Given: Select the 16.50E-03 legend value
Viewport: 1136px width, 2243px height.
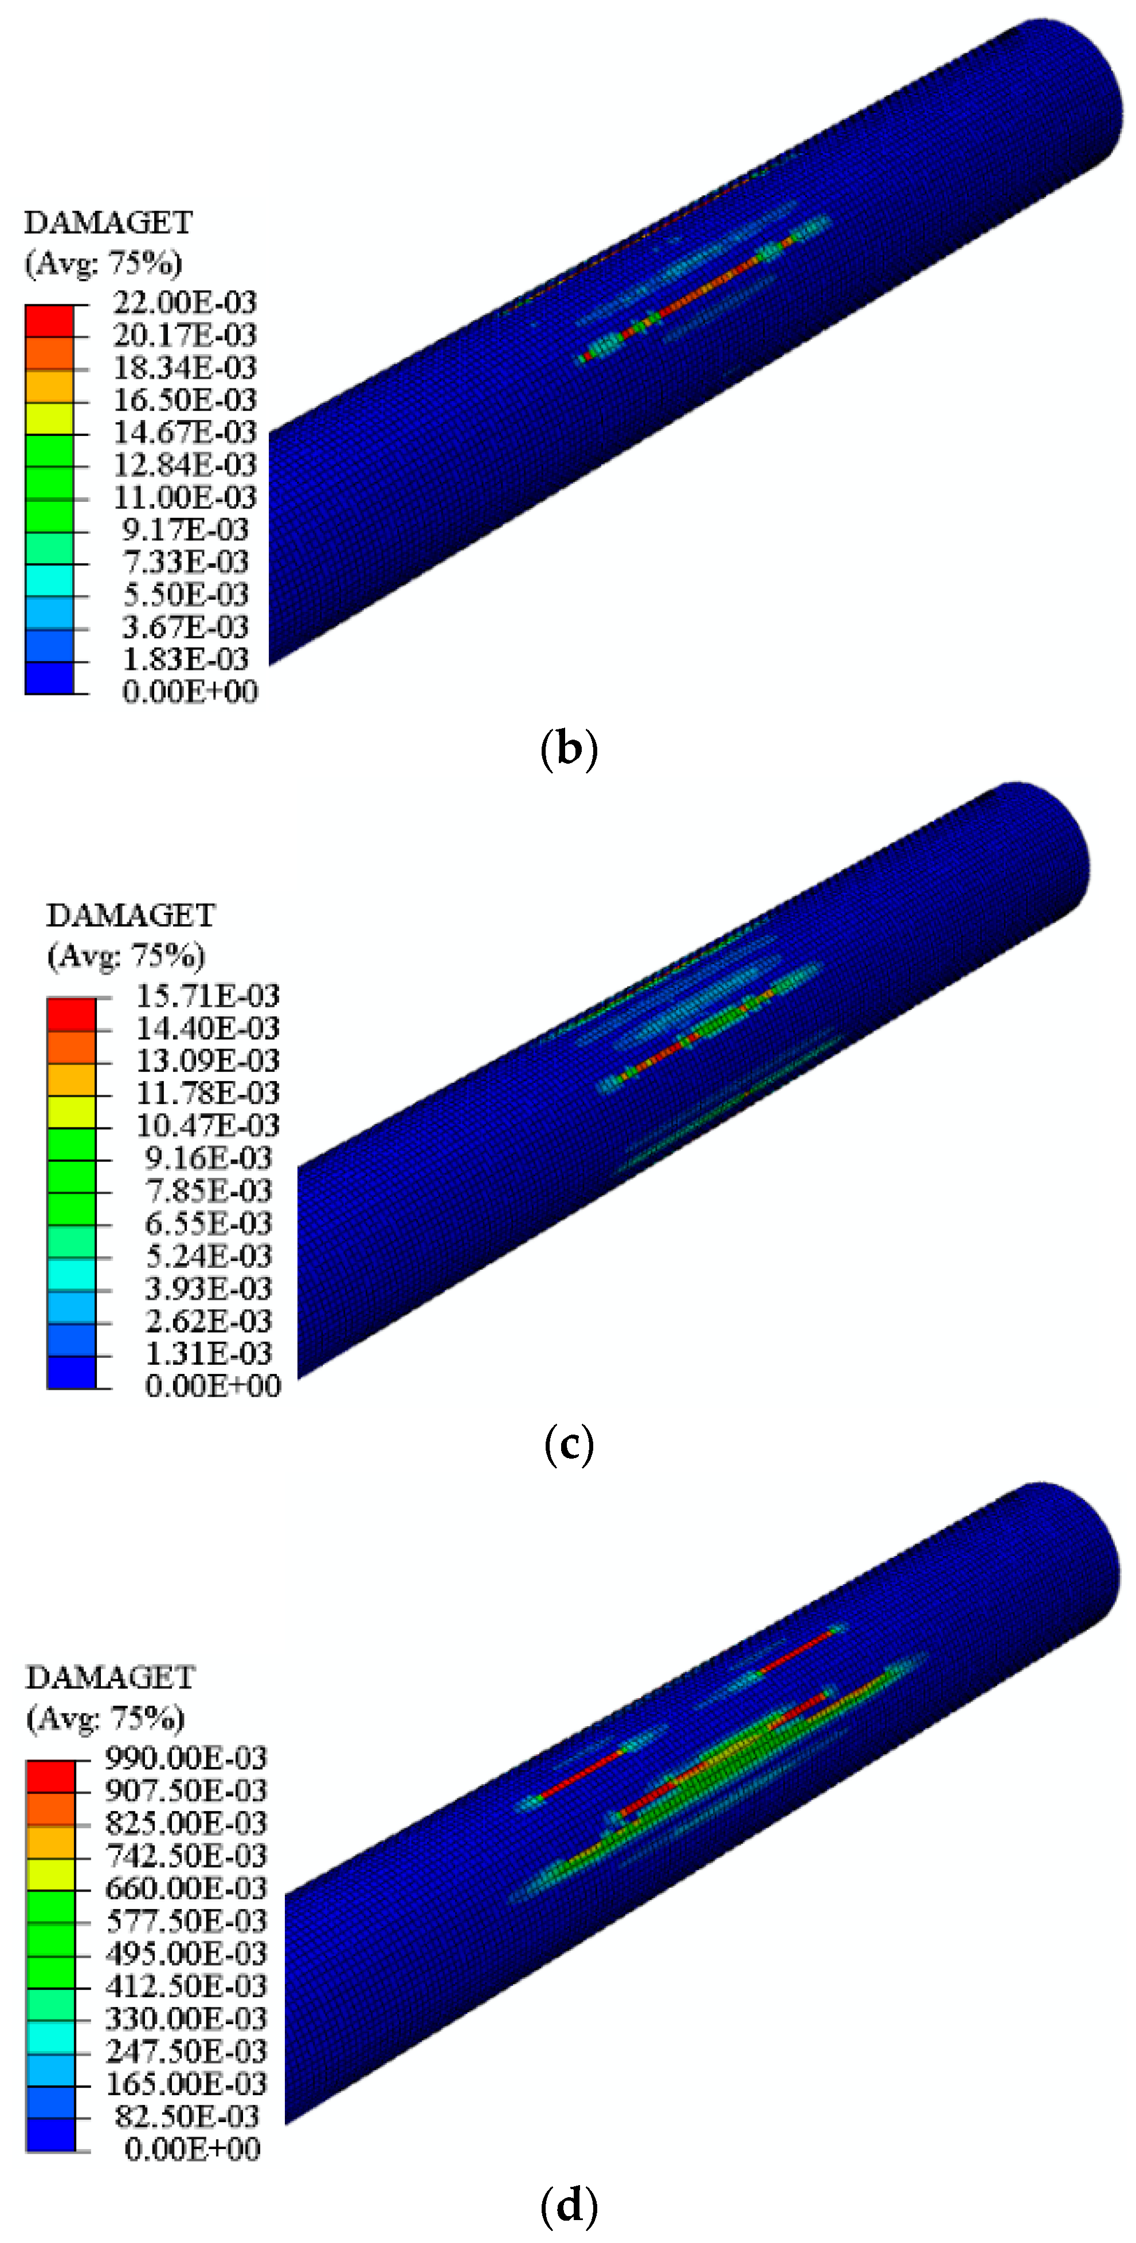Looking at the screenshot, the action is click(185, 400).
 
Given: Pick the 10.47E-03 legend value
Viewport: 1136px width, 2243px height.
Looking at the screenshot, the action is click(207, 1126).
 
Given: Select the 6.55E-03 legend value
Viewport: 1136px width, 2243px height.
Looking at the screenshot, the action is click(208, 1223).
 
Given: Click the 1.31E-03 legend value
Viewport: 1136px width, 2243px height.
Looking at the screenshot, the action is click(208, 1353).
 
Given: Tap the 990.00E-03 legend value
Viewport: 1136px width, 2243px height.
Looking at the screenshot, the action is click(186, 1758).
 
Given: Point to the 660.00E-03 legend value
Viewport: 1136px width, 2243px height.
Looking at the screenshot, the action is click(186, 1888).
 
